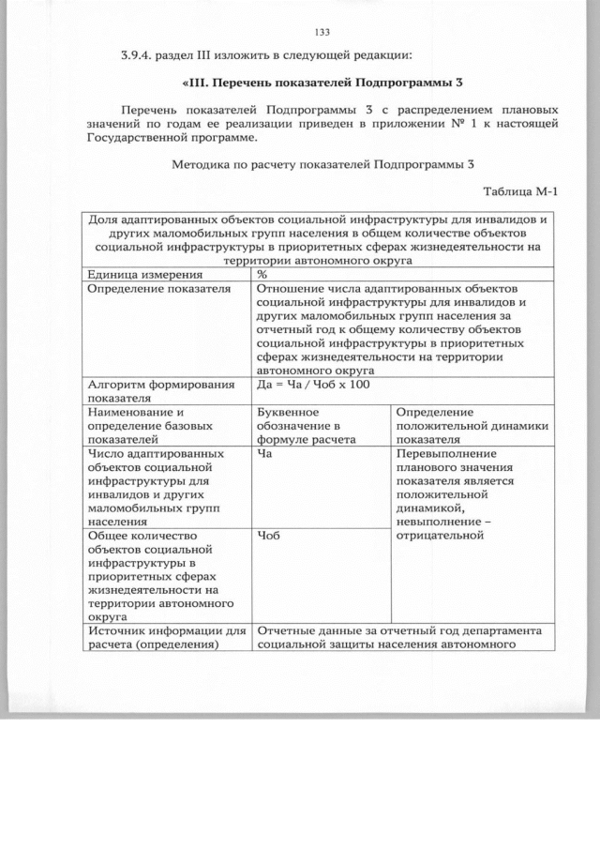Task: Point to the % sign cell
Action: (x=262, y=275)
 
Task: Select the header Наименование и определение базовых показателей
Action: (x=142, y=425)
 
